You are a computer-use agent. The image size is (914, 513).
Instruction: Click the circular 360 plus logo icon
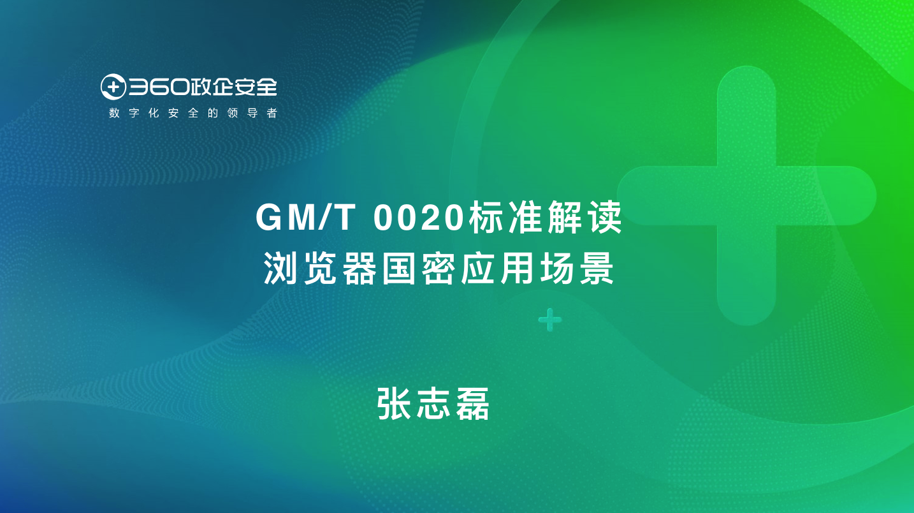113,87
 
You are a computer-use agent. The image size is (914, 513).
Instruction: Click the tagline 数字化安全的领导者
193,113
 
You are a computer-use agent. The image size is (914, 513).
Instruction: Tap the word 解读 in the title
584,218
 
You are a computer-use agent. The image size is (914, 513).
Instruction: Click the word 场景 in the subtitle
577,268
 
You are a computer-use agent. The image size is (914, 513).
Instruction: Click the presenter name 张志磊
433,403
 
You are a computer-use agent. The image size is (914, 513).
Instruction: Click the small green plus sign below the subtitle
550,320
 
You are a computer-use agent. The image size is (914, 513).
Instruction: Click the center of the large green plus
746,196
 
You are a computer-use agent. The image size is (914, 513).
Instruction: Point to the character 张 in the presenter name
394,403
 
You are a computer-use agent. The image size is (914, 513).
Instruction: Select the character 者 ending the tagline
272,113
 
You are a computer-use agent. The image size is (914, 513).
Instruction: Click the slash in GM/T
324,218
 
